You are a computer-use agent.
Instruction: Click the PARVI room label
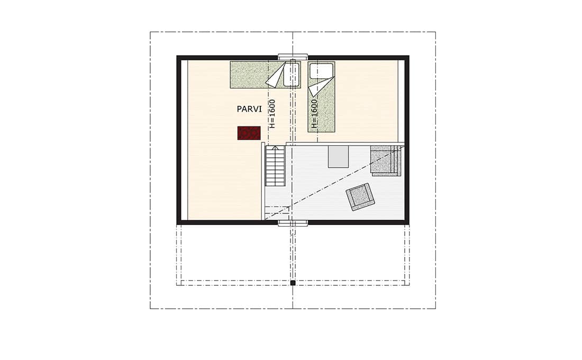249,109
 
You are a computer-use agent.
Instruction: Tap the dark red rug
249,133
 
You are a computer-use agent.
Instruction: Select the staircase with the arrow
275,166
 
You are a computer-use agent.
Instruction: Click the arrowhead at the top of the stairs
275,148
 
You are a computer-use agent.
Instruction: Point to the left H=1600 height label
273,114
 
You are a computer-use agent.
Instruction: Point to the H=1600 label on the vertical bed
314,114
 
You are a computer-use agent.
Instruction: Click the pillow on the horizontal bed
292,75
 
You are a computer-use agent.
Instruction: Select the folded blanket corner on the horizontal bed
276,75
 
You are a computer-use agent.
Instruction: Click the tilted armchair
360,197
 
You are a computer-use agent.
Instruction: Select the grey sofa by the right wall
386,160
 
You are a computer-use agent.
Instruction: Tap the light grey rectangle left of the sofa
338,156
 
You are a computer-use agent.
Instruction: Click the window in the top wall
293,57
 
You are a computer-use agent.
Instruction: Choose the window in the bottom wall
293,223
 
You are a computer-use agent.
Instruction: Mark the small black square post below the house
293,283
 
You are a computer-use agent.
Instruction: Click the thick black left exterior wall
179,140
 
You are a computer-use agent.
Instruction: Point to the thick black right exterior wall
407,140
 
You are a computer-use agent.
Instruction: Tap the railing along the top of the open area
345,143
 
